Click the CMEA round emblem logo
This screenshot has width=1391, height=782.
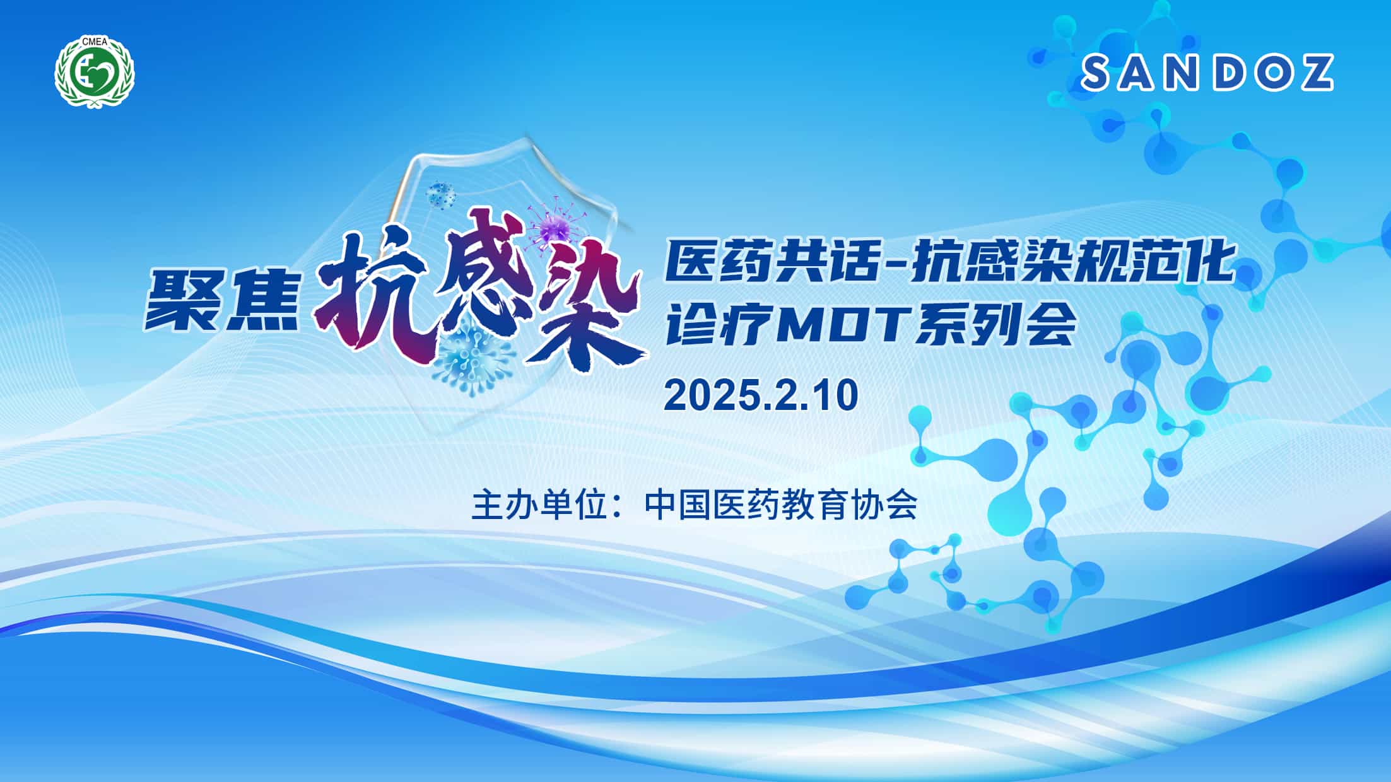pyautogui.click(x=95, y=70)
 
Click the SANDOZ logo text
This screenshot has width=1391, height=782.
pyautogui.click(x=1207, y=73)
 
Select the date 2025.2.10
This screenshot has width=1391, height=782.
pyautogui.click(x=761, y=395)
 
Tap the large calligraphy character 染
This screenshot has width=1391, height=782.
pyautogui.click(x=587, y=309)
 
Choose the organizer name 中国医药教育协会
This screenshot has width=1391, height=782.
pyautogui.click(x=781, y=505)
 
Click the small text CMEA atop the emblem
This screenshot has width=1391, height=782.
pyautogui.click(x=95, y=42)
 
